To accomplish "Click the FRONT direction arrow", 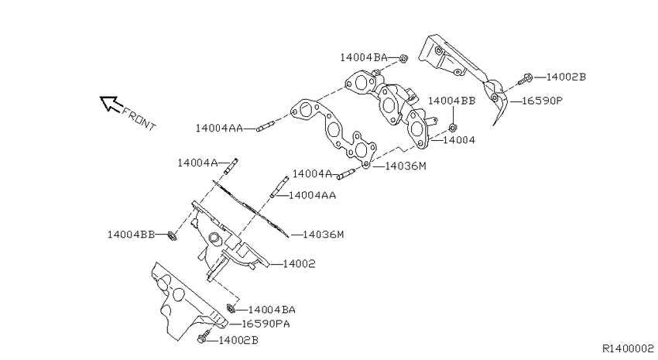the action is coord(111,104).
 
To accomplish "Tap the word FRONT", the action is coord(139,119).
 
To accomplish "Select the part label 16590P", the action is coord(542,101).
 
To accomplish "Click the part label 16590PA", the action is coord(266,324).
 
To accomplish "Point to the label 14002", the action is coord(299,264).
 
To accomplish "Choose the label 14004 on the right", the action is coord(459,140).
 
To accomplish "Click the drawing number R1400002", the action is coord(629,348).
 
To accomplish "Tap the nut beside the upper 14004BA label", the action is coord(403,58).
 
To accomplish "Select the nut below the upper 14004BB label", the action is coord(453,127).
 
